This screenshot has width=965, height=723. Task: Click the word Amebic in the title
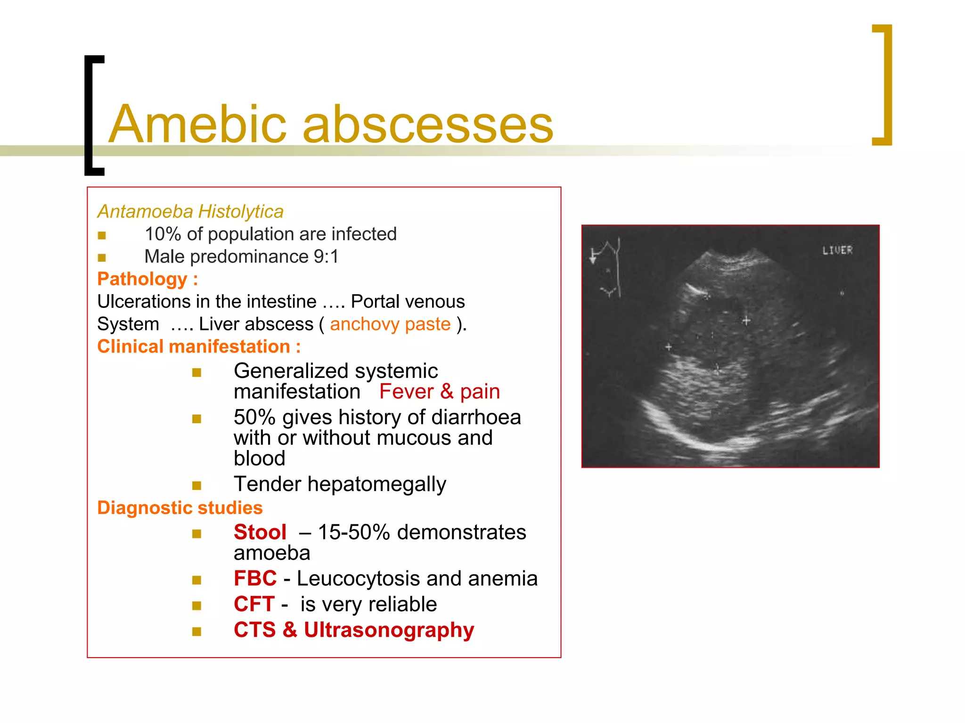(x=197, y=125)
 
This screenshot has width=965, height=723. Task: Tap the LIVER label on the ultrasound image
(x=837, y=250)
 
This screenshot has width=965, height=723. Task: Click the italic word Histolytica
(x=241, y=212)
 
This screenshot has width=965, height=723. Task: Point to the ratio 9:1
(x=326, y=257)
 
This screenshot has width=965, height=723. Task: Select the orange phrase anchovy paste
(x=390, y=324)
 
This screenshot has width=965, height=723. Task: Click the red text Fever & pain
(x=439, y=392)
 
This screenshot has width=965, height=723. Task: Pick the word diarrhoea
(x=476, y=418)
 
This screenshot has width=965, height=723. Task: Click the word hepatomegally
(x=376, y=484)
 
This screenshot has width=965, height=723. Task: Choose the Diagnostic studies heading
(x=180, y=508)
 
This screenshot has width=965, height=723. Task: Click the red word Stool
(x=260, y=532)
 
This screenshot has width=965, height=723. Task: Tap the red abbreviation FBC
(x=255, y=578)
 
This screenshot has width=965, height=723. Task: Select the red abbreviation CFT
(x=254, y=604)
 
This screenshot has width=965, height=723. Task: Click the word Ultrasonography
(x=389, y=630)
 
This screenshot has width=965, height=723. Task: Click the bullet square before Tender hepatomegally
(x=197, y=485)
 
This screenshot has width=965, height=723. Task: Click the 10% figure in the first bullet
(x=163, y=234)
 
